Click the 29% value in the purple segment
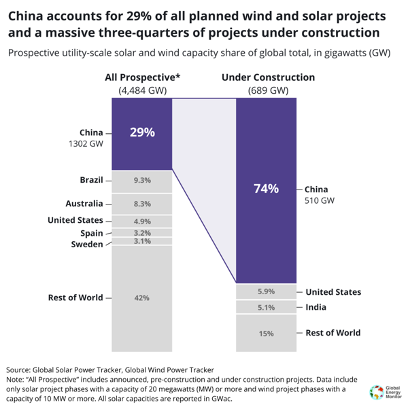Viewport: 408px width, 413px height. click(142, 132)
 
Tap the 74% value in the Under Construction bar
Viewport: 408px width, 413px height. click(266, 189)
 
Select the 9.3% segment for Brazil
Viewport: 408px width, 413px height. click(142, 181)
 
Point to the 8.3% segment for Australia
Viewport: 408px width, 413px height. click(142, 204)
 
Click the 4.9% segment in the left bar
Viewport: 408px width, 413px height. click(142, 221)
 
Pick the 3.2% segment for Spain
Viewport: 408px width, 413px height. click(142, 233)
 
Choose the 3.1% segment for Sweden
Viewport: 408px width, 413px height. click(142, 242)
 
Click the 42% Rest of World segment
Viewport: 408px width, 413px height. click(142, 298)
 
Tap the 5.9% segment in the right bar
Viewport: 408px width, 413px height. click(266, 292)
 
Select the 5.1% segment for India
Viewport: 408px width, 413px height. click(266, 307)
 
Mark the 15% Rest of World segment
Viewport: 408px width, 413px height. click(266, 334)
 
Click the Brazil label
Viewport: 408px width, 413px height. click(91, 180)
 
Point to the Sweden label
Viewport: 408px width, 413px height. click(87, 245)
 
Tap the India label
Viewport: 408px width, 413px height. click(316, 307)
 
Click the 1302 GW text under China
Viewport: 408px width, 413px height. click(87, 144)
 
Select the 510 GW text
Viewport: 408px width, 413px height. click(320, 201)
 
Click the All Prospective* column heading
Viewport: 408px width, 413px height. click(142, 77)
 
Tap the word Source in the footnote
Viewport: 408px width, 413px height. click(21, 369)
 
